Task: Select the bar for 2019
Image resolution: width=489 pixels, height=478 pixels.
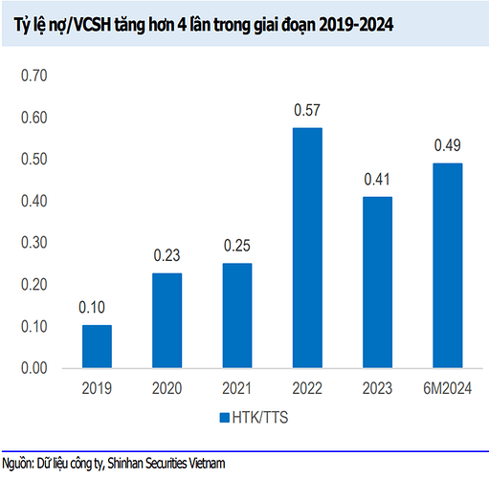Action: tap(97, 346)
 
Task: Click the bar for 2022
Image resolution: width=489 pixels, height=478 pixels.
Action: tap(307, 248)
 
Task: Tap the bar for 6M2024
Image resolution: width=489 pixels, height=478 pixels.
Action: tap(448, 266)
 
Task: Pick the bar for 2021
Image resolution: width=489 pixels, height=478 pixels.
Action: tap(237, 315)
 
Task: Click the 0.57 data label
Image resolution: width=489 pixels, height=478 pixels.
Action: tap(307, 110)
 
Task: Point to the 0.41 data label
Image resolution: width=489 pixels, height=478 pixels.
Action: tap(377, 180)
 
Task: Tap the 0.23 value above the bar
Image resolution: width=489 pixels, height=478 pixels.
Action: tap(167, 255)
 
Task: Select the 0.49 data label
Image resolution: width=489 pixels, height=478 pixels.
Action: tap(448, 145)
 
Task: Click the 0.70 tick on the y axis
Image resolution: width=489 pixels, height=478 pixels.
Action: tap(34, 76)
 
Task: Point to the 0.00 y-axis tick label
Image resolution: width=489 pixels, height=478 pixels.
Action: tap(34, 368)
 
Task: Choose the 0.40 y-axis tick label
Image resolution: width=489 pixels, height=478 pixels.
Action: tap(34, 201)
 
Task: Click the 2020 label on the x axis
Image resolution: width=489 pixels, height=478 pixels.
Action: tap(167, 388)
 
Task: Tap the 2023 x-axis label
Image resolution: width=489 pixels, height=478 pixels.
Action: tap(377, 388)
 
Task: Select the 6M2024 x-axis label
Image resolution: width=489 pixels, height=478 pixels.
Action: tap(448, 388)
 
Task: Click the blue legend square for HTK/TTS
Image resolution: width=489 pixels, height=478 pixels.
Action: tap(225, 418)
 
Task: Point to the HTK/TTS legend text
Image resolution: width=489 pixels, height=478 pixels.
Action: tap(260, 418)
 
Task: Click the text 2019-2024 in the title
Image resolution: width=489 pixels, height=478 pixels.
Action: tap(356, 25)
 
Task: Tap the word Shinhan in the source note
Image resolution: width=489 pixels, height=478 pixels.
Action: tap(124, 463)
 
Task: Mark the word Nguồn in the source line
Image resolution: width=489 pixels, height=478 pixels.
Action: tap(18, 464)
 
